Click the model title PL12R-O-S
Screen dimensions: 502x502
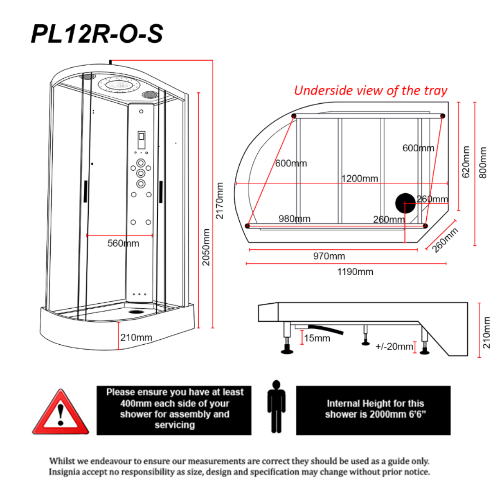pos(97,34)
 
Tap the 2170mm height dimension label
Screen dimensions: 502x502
pos(220,201)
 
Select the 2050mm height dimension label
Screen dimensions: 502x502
pos(206,247)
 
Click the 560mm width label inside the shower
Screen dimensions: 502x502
pos(123,243)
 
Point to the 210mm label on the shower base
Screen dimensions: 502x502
pos(136,338)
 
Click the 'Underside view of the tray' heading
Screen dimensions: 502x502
pos(371,91)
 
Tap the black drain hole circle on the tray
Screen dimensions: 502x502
pos(405,203)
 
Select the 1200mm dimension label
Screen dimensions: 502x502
pos(360,179)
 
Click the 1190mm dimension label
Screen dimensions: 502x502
pos(355,272)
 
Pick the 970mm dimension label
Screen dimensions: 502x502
pos(329,256)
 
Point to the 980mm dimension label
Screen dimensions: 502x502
pos(295,219)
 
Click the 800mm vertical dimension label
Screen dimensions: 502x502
pos(483,162)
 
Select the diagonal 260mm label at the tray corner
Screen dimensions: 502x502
pos(445,241)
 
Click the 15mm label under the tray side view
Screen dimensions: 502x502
pos(317,338)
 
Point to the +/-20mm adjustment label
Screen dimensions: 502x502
pos(394,346)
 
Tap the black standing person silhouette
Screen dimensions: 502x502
pos(276,406)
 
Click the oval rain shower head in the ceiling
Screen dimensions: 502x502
pos(120,85)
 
